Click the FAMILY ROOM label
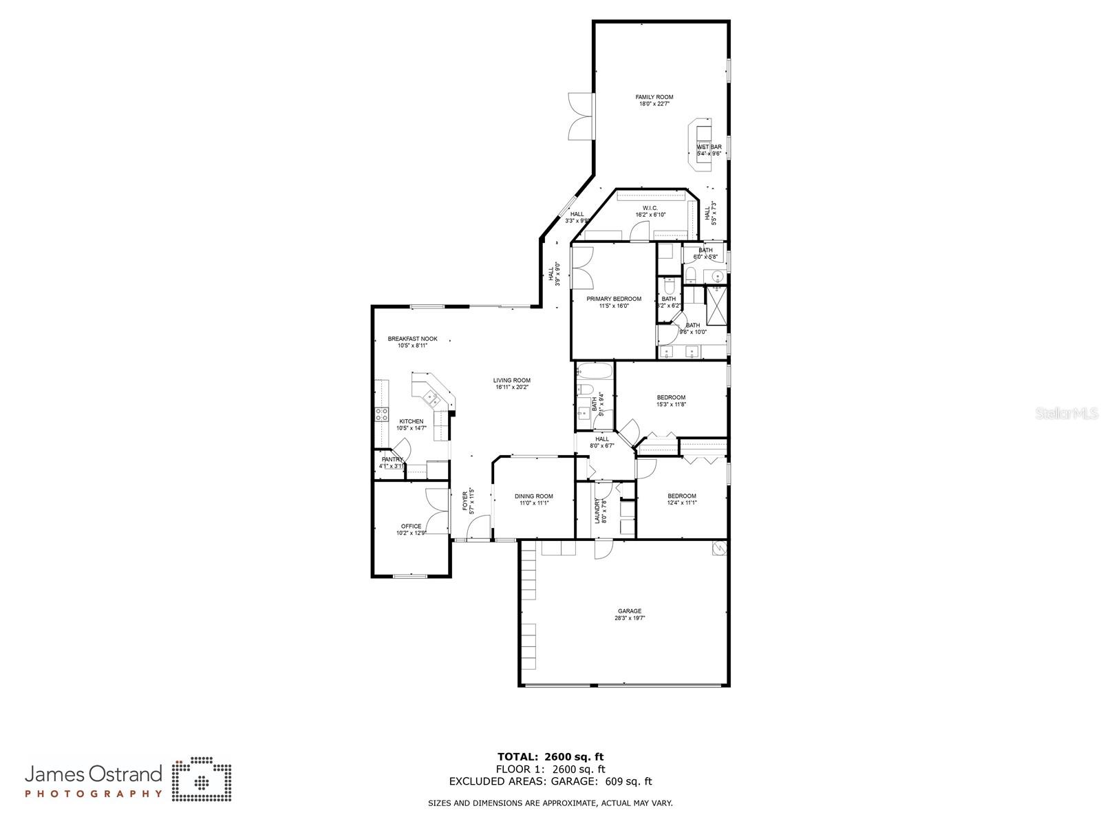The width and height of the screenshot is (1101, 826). (654, 97)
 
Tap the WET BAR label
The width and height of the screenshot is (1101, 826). (709, 147)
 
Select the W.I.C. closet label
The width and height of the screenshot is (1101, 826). (650, 208)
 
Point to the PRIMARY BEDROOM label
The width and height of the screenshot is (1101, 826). (614, 299)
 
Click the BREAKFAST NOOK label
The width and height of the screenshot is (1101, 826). (412, 339)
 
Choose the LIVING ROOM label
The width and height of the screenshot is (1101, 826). (511, 380)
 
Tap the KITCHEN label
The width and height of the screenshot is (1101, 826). (411, 421)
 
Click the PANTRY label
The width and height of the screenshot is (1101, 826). (392, 459)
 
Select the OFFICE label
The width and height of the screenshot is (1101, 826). (411, 527)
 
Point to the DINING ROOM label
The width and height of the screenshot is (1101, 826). (533, 496)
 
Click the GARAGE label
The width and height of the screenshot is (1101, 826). (629, 611)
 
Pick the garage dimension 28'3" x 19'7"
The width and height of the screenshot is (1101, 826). (629, 618)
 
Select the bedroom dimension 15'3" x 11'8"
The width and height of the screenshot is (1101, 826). (671, 405)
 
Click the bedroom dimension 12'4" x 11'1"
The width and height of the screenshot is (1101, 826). (681, 502)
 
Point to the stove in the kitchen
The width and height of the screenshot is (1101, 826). (381, 414)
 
